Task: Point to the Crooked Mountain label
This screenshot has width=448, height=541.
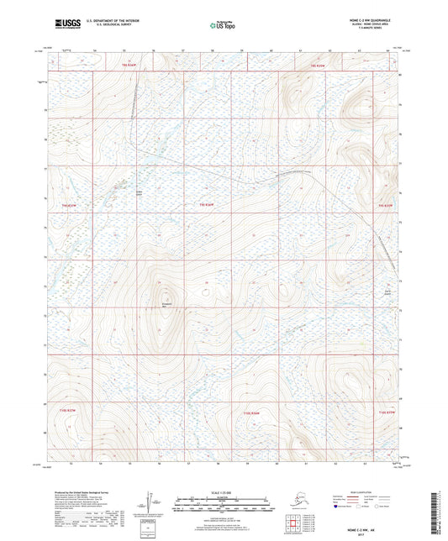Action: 166,304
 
